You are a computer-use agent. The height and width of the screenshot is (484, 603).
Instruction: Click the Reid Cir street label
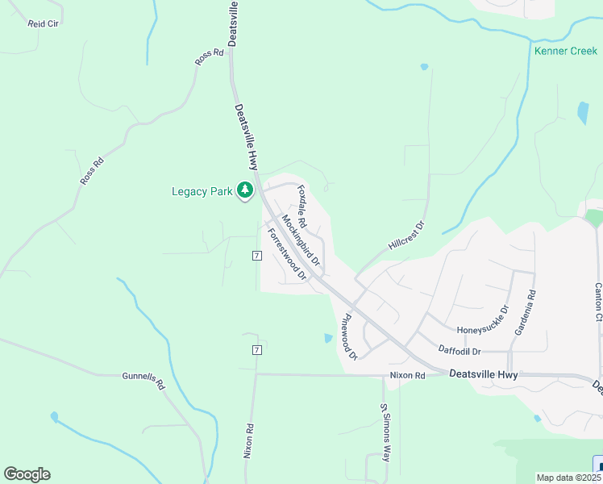44,24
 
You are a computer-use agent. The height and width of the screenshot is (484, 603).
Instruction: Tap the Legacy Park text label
202,192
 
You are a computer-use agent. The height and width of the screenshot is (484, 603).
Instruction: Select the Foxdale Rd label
302,207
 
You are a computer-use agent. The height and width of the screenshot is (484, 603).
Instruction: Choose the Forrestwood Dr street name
287,254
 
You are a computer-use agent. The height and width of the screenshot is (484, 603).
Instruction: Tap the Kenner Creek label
565,52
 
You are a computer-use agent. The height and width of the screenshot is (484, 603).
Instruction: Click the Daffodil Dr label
460,351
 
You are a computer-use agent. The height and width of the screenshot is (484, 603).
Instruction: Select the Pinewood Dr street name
349,337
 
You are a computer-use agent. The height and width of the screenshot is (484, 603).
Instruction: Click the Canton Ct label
598,301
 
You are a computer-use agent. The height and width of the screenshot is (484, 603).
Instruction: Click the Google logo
27,474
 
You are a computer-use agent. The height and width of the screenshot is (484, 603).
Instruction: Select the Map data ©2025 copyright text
568,478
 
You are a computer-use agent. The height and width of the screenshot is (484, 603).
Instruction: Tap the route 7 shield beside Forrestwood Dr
256,256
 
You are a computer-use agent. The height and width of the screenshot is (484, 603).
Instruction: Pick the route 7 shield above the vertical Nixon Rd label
256,349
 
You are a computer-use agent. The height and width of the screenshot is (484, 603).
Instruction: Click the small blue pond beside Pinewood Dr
327,338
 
